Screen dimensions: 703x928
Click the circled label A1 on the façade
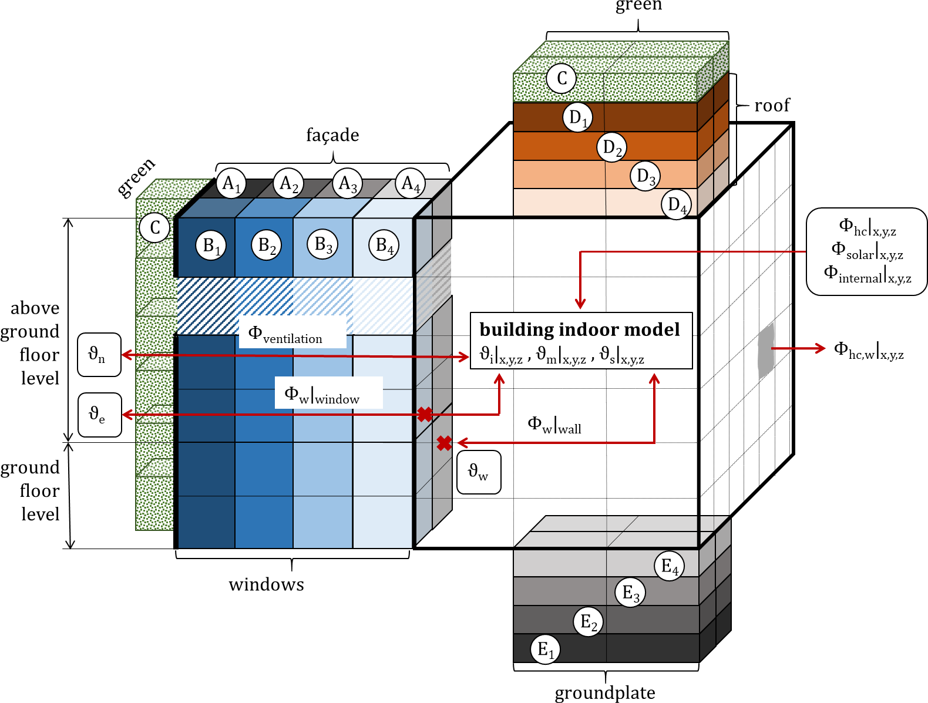(x=231, y=183)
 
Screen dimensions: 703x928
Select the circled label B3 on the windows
(x=323, y=244)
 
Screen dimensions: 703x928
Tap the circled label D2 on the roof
(x=612, y=147)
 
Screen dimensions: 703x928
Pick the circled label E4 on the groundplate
(x=670, y=566)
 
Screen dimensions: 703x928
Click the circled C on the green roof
(x=561, y=78)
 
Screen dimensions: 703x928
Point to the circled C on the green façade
(x=155, y=227)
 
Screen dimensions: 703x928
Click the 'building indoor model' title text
(x=580, y=329)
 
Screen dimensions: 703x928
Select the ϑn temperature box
(x=99, y=355)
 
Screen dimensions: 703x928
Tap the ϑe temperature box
(x=99, y=415)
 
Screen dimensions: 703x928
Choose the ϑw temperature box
(x=479, y=472)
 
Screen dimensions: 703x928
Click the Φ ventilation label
(x=285, y=334)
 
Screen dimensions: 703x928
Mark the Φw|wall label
(x=554, y=425)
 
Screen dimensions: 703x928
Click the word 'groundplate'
(x=605, y=693)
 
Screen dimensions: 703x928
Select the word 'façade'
(x=332, y=135)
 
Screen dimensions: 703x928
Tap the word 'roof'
(x=772, y=106)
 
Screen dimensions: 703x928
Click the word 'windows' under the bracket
(x=267, y=584)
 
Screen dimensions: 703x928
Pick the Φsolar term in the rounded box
(x=867, y=250)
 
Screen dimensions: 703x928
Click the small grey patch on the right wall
(x=766, y=350)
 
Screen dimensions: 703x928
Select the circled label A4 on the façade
(x=410, y=183)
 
